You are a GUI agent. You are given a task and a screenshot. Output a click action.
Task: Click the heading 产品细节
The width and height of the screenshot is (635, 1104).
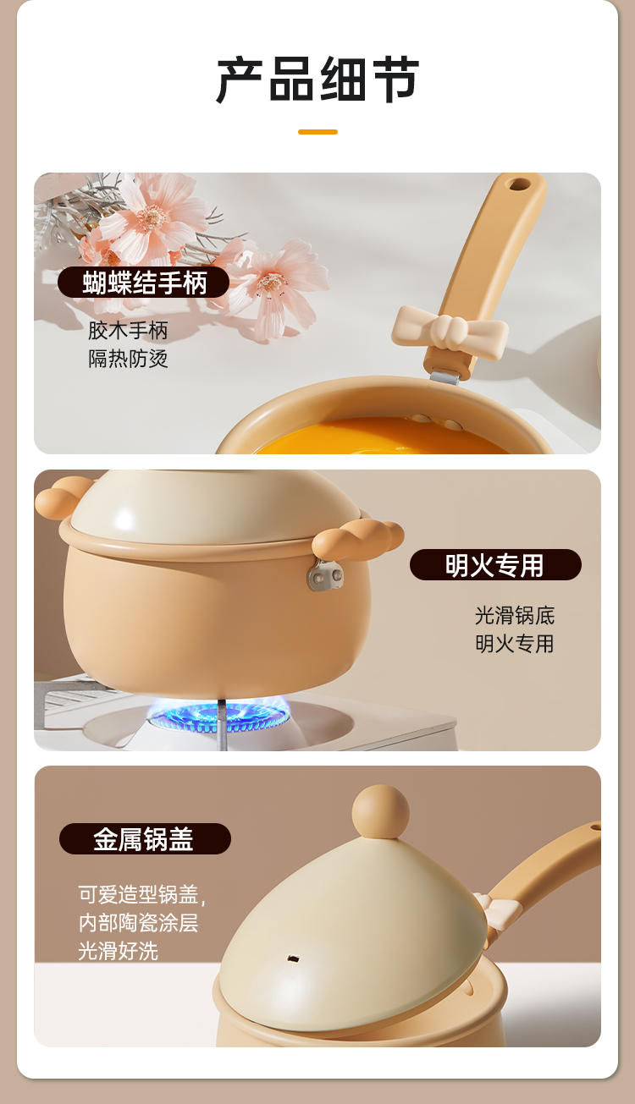point(317,80)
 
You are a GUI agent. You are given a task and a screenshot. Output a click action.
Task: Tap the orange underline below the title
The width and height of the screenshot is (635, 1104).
point(317,132)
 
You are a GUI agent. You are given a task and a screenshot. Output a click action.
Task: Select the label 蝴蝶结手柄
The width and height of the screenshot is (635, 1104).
point(144,283)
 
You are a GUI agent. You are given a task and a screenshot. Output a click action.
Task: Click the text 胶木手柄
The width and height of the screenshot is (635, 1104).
point(129,330)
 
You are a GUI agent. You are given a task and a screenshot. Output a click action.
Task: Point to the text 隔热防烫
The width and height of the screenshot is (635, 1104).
point(129,359)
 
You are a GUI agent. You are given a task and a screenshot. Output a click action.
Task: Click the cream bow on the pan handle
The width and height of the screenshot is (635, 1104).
point(450,332)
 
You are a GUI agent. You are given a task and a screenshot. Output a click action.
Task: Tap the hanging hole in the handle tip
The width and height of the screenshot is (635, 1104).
point(518,184)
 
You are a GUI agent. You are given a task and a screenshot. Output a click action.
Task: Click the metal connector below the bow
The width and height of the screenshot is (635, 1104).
point(445,377)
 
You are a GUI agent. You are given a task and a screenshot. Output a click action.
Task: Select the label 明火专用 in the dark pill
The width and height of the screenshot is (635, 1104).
point(494,565)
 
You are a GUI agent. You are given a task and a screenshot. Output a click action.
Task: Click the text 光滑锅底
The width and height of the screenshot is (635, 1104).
point(515,616)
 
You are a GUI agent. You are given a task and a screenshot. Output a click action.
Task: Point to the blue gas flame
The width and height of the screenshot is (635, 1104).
point(219,716)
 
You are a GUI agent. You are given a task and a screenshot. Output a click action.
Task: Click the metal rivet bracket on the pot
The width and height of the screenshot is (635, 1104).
point(325,575)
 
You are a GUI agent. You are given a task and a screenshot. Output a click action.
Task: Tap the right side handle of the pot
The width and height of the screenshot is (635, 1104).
point(357,540)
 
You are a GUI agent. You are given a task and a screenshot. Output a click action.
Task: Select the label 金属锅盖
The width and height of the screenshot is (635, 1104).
point(144,839)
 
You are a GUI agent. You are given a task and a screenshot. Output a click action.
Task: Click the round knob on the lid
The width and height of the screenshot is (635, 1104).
point(380,811)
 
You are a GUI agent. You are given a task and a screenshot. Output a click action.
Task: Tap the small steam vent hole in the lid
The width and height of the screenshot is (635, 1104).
point(293,959)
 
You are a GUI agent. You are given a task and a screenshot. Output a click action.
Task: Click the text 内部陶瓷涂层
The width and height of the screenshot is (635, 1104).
point(139,923)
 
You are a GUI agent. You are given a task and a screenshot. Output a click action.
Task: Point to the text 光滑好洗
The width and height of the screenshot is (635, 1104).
point(119,951)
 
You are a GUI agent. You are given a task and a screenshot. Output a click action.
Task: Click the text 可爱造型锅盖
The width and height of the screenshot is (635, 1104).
point(139,894)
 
